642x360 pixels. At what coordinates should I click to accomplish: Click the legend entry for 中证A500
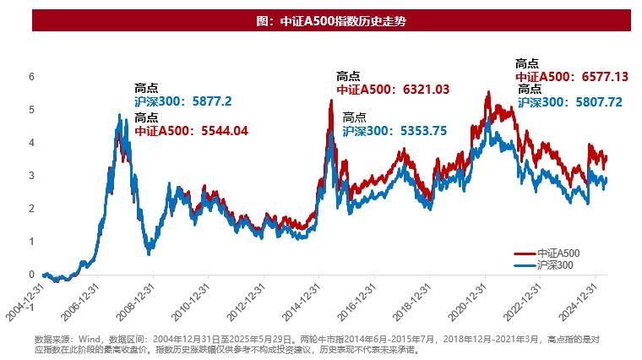point(558,254)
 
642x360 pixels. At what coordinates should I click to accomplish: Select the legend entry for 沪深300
point(558,265)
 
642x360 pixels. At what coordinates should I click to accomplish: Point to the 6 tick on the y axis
point(32,76)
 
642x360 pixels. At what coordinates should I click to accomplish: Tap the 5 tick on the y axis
point(32,109)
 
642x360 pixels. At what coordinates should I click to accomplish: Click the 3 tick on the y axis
point(32,175)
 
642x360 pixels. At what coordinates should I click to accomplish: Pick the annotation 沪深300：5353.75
point(394,130)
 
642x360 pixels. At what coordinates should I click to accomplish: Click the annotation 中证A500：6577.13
point(571,76)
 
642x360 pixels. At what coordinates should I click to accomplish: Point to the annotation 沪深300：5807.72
point(569,101)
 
